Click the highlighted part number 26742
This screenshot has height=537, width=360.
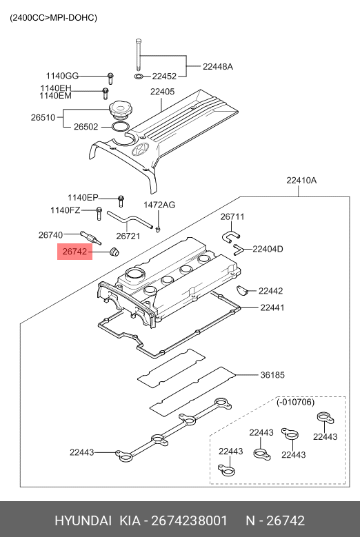coord(74,252)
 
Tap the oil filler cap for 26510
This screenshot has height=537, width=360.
coord(119,110)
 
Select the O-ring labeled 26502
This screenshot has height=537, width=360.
coord(120,128)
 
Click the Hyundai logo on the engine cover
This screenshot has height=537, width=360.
coord(141,150)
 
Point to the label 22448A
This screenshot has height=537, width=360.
coord(217,66)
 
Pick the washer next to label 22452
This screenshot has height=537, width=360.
coord(139,76)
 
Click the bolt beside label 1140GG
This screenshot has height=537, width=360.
coord(110,79)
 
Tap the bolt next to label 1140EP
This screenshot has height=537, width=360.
coord(121,201)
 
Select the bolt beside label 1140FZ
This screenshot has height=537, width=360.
coord(99,214)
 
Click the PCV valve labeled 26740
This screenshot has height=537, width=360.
coord(91,237)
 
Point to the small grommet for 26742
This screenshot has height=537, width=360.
coord(114,252)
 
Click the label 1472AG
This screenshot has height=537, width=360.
coord(159,205)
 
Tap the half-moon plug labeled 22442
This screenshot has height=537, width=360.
coord(242,291)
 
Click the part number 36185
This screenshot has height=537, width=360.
coord(272,375)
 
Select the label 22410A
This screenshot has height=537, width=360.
coord(302,180)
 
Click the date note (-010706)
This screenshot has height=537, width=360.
coord(295,402)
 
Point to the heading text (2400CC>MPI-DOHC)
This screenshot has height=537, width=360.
coord(53,18)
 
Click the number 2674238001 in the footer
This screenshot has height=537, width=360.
coord(189,520)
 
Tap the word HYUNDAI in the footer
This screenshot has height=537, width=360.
coord(83,520)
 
